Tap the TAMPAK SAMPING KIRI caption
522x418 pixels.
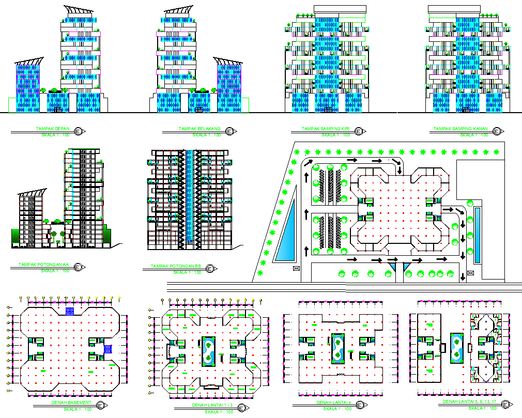click(326, 129)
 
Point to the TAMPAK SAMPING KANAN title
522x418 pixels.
click(462, 129)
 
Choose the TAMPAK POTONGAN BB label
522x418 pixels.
click(175, 267)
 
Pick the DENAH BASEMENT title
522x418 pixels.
click(71, 402)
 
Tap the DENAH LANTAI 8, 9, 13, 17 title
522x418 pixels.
click(470, 401)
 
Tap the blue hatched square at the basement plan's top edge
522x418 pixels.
click(70, 311)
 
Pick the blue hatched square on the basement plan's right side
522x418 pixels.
click(108, 348)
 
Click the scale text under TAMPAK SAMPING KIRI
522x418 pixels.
click(336, 135)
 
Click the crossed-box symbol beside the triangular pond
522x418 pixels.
click(296, 269)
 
